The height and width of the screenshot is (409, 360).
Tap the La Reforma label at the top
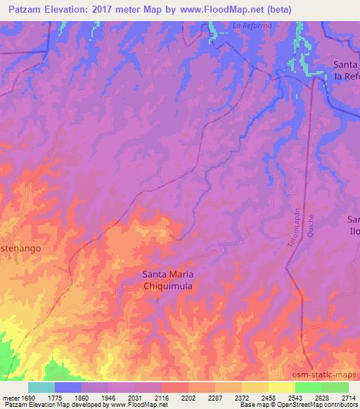pos(251,27)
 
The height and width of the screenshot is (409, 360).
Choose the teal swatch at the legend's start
pos(41,387)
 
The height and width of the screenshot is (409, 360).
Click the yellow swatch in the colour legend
pos(281,387)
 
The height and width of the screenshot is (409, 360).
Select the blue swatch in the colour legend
pos(68,387)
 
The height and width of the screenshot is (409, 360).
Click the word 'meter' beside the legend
pos(10,398)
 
